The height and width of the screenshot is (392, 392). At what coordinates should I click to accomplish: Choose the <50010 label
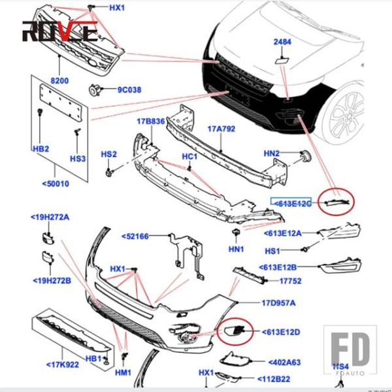(x=54, y=184)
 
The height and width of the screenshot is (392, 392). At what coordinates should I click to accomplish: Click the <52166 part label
(x=139, y=235)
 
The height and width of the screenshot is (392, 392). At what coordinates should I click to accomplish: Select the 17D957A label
(x=279, y=303)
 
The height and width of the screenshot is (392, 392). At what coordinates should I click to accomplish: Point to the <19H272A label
(x=50, y=216)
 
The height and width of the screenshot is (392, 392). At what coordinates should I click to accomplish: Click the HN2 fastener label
(x=271, y=154)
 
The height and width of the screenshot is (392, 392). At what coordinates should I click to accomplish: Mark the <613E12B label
(x=279, y=267)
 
